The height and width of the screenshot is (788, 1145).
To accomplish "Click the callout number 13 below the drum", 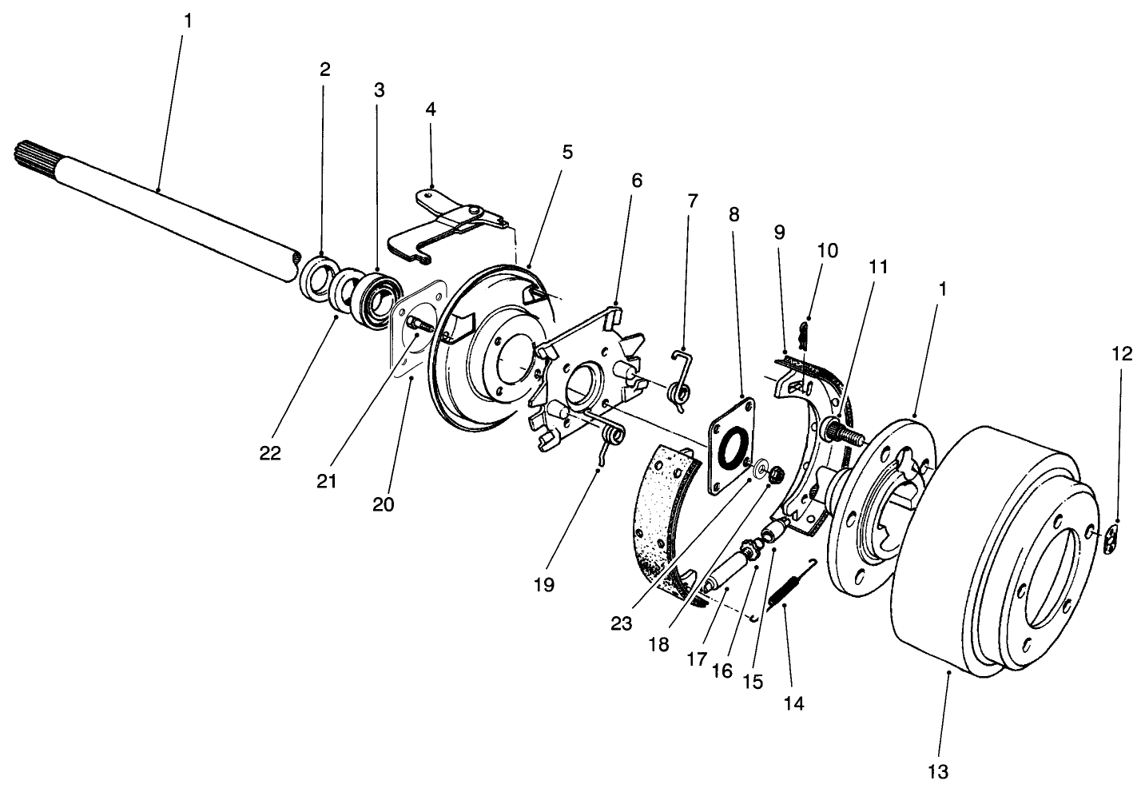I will tap(938, 771).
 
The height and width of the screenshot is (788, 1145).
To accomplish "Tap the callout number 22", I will tap(270, 452).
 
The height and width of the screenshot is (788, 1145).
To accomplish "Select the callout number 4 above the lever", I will tap(431, 109).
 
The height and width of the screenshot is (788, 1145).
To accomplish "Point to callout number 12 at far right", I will tap(1122, 354).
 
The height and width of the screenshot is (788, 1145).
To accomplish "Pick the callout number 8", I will tap(734, 214).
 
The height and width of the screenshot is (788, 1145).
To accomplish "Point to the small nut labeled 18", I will tap(773, 476).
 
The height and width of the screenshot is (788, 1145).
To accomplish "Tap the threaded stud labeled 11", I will tap(847, 433).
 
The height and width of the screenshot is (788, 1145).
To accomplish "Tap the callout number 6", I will tap(636, 181).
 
